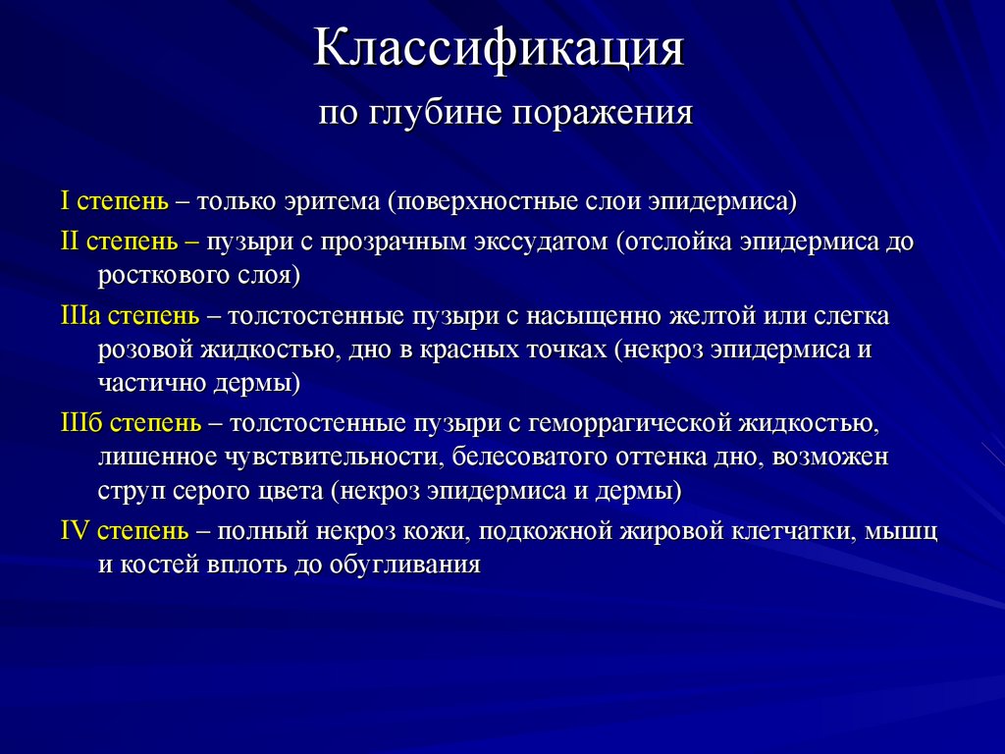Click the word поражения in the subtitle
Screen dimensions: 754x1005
[x=614, y=114]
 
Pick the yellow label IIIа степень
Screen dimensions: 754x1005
[x=129, y=316]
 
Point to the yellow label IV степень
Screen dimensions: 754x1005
[x=125, y=531]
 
